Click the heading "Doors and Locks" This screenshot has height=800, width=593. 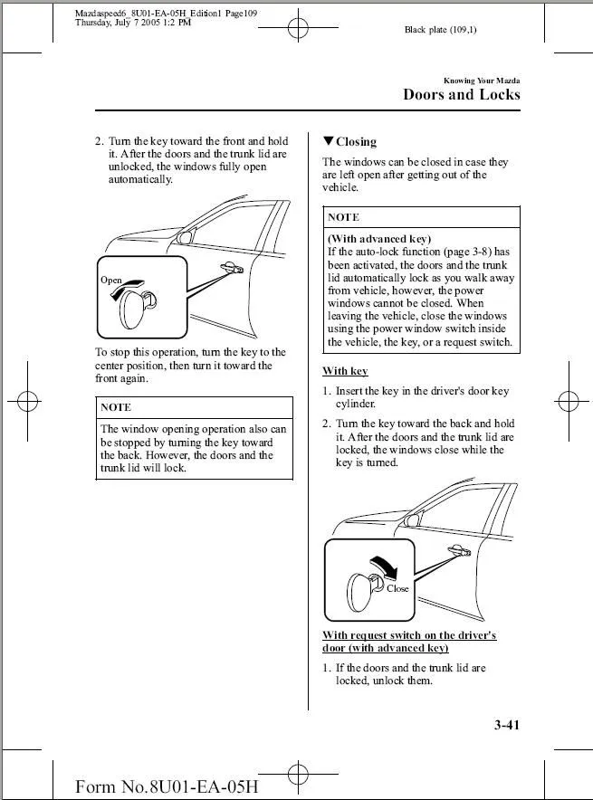coord(461,95)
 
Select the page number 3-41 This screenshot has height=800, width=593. coord(507,724)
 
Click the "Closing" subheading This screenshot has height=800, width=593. coord(356,142)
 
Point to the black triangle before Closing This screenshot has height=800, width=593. coord(328,141)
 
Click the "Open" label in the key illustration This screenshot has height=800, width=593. coord(110,281)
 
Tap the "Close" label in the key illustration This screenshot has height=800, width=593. coord(397,588)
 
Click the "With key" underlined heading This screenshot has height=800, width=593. coord(345,371)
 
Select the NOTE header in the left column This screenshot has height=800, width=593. coord(116,407)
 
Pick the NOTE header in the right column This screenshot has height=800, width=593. coord(343,217)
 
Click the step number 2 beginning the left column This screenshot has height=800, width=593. coord(99,141)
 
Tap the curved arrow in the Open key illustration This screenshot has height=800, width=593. coord(135,283)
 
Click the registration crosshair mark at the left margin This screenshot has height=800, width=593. coord(26,399)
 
